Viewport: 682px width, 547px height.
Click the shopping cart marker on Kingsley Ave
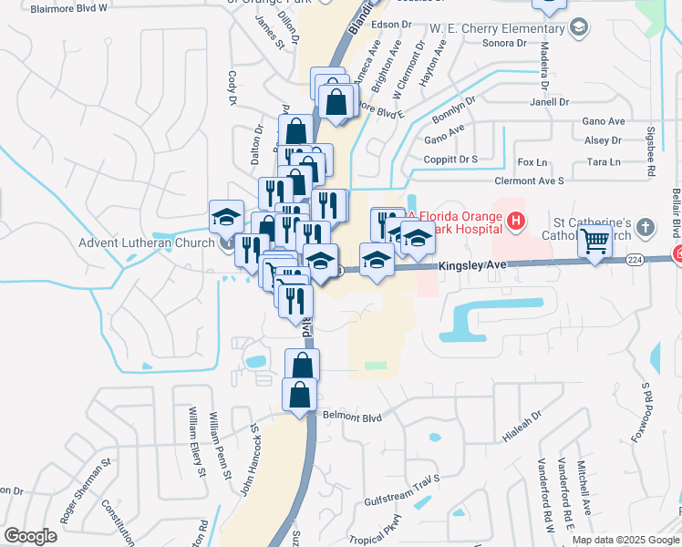tap(594, 243)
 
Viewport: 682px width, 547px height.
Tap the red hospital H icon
tap(516, 220)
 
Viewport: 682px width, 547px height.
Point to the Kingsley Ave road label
tap(471, 266)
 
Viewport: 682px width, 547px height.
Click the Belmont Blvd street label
tap(352, 418)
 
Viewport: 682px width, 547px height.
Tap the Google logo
tap(30, 536)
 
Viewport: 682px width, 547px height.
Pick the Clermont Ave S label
tap(530, 181)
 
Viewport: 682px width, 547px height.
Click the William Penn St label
tap(220, 444)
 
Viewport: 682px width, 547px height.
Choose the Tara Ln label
tap(604, 162)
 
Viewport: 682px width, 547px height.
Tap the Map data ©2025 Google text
tap(625, 540)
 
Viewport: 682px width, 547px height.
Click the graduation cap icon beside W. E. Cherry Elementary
tap(577, 28)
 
